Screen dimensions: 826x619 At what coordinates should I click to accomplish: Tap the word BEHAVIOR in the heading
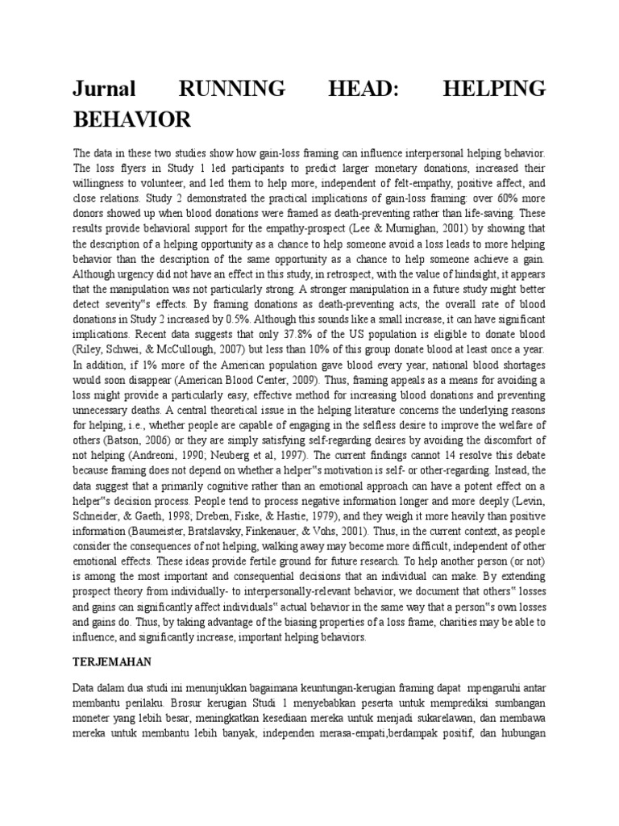coord(132,119)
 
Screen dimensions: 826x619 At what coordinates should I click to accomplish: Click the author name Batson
coord(125,441)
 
